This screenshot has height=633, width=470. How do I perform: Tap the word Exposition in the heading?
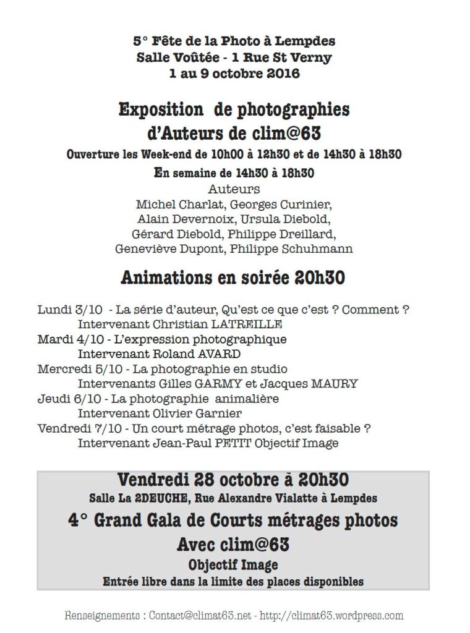coord(161,110)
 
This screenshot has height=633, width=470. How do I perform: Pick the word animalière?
coord(248,399)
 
